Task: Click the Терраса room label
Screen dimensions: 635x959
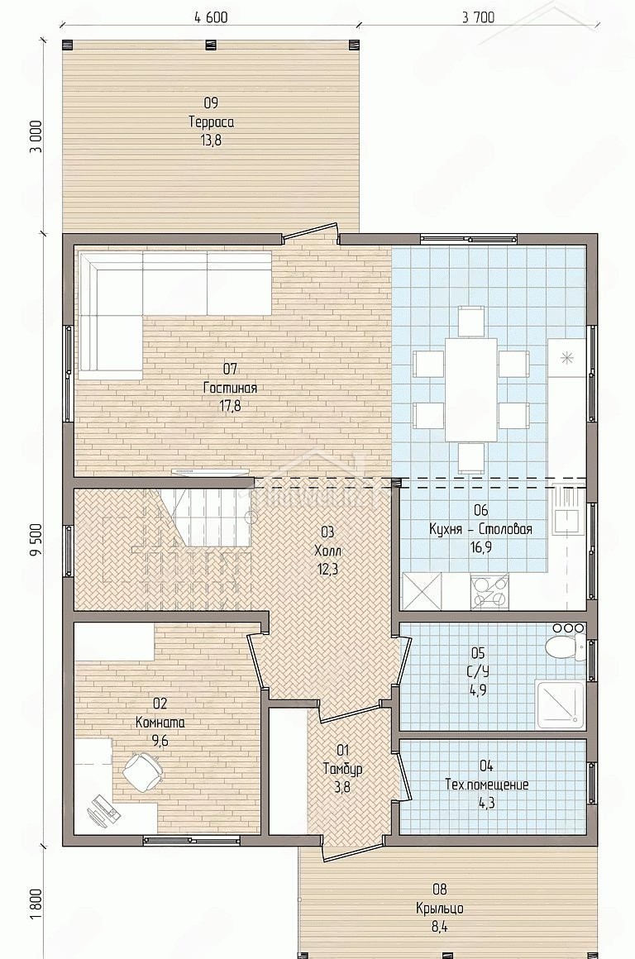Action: [211, 122]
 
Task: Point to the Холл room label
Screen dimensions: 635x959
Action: [326, 551]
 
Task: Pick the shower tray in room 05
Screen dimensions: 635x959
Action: [561, 704]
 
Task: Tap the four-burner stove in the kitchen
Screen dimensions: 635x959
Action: [489, 592]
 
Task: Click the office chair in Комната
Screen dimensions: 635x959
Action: [143, 771]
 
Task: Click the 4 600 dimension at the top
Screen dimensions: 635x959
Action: [211, 17]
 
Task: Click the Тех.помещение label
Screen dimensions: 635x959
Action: [487, 784]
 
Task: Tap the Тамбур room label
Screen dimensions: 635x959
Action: [342, 769]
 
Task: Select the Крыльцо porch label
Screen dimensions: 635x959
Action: [439, 909]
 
